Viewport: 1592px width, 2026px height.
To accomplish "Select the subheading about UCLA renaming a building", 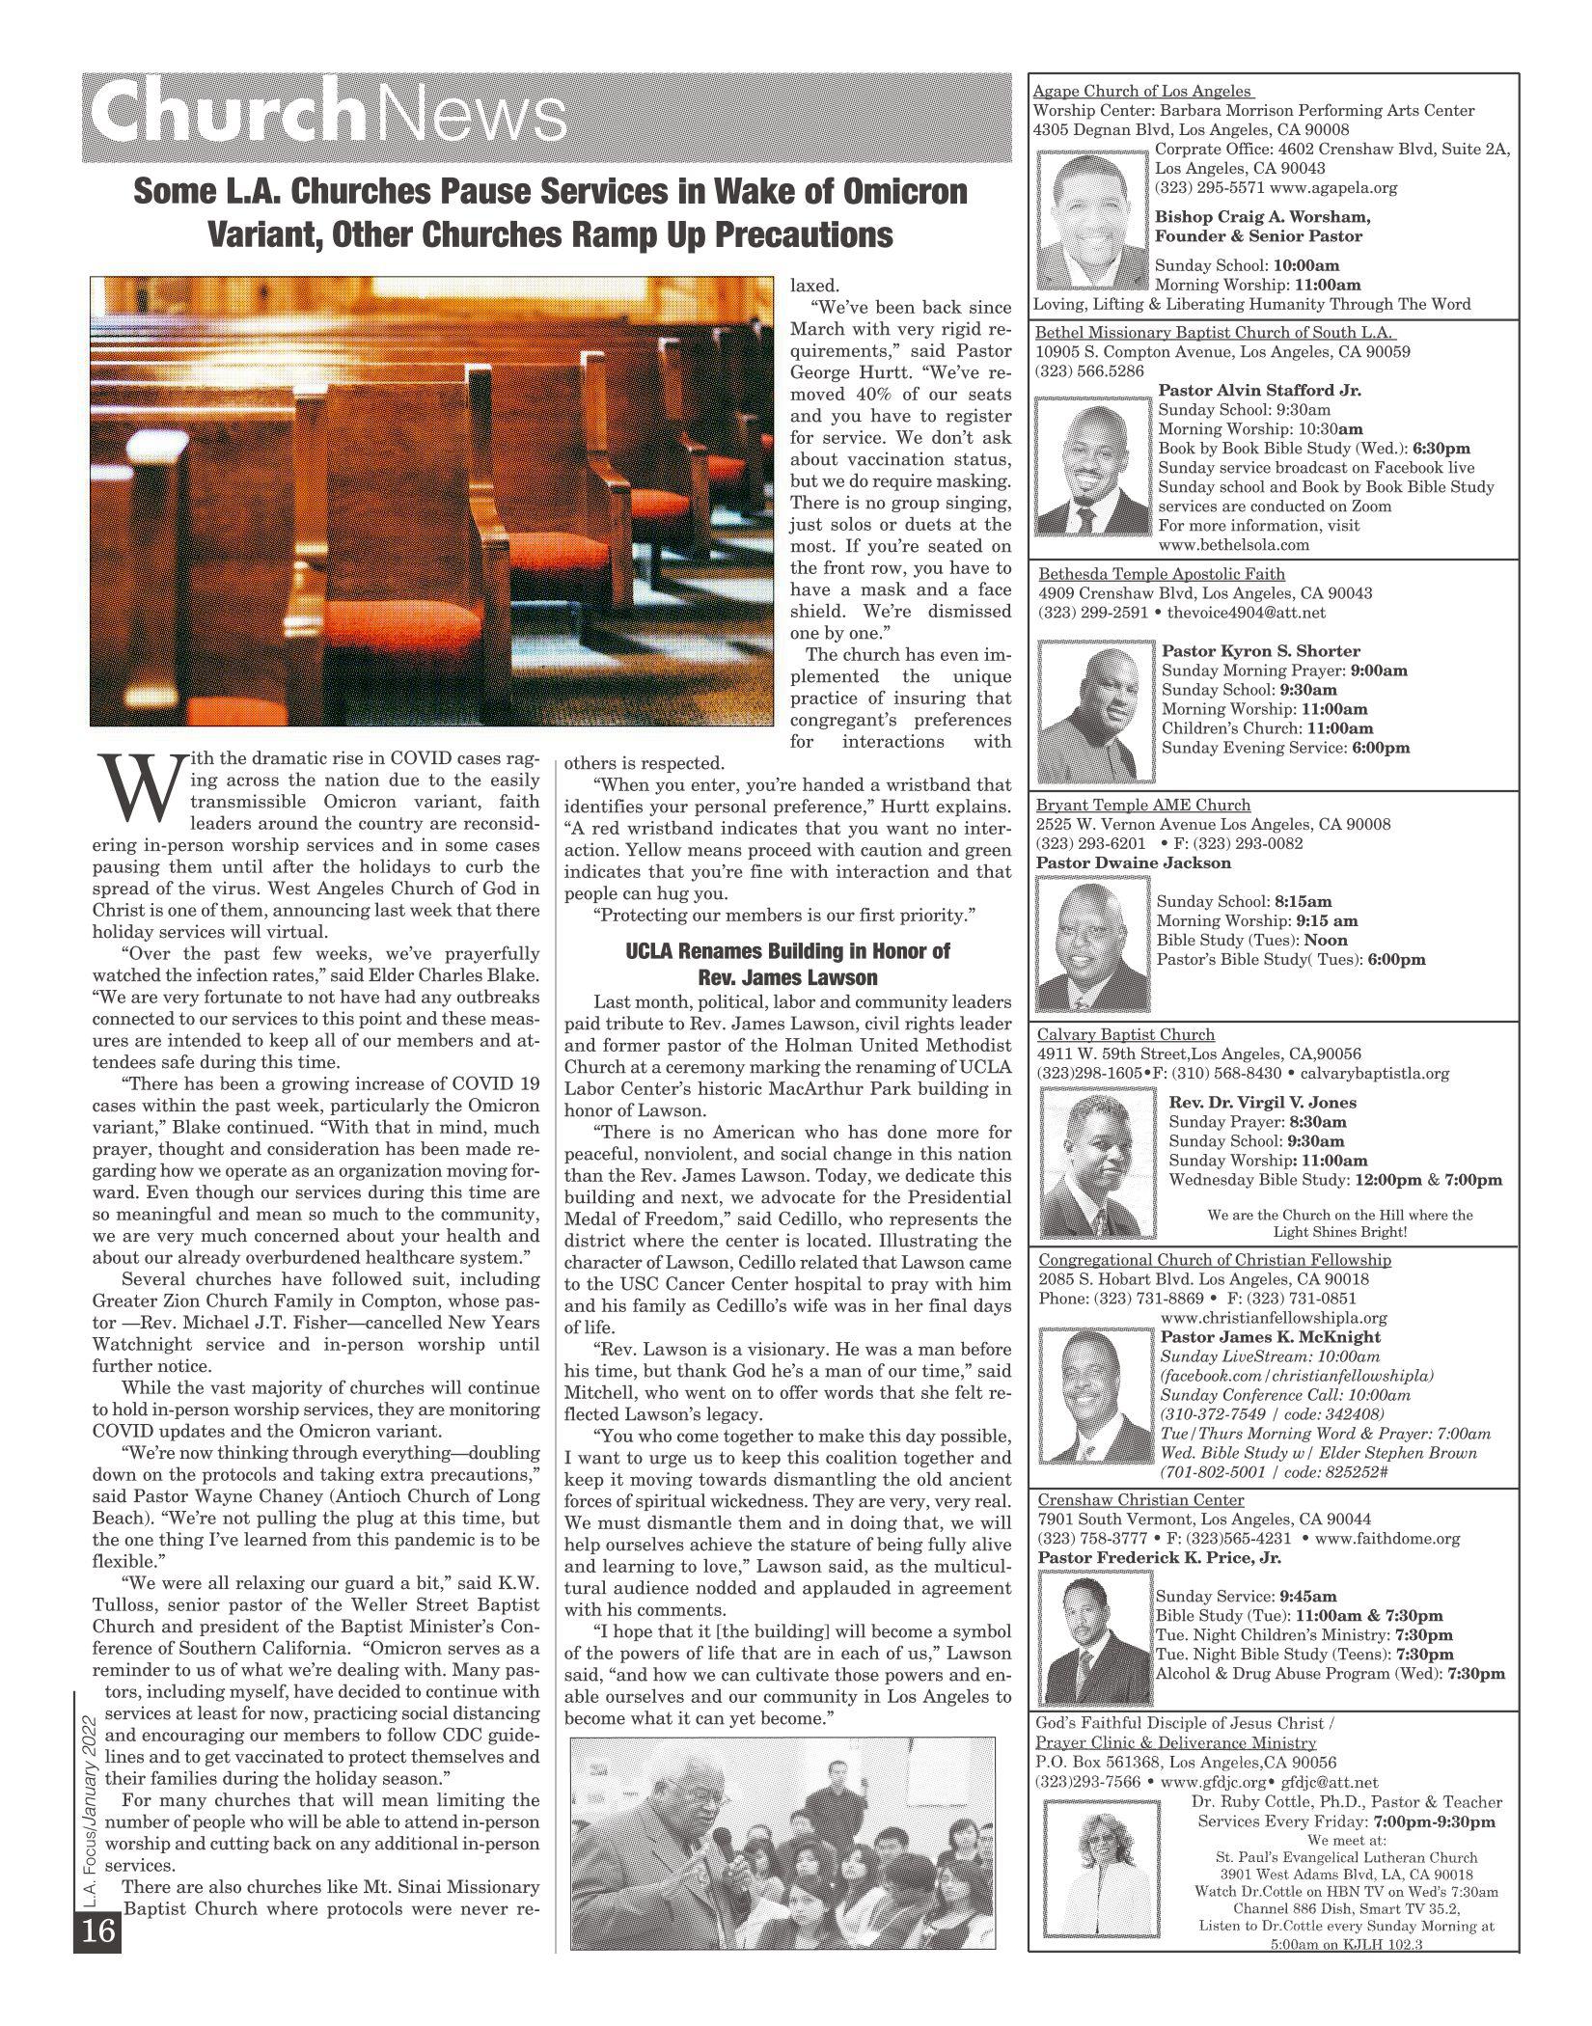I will pyautogui.click(x=787, y=964).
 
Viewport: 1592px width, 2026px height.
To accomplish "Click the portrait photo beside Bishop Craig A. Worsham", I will pyautogui.click(x=1093, y=217).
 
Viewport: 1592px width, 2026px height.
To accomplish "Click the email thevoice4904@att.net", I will pyautogui.click(x=1246, y=612).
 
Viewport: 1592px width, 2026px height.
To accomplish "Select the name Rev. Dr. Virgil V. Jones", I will pyautogui.click(x=1262, y=1102).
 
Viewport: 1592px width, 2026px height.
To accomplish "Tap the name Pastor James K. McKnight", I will pyautogui.click(x=1270, y=1336).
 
